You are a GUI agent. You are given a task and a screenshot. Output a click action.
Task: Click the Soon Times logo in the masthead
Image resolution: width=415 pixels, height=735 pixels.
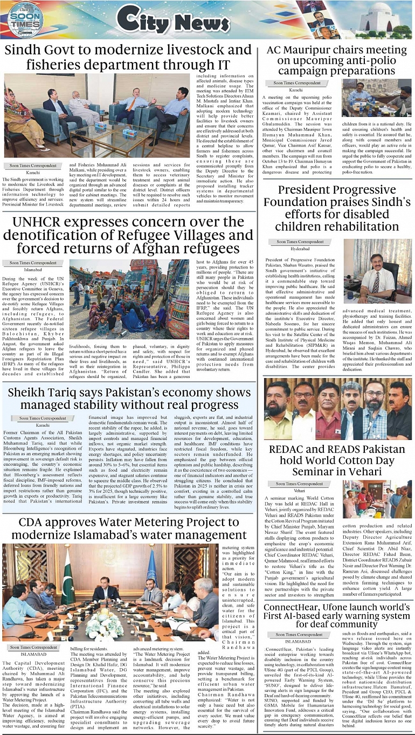[25, 19]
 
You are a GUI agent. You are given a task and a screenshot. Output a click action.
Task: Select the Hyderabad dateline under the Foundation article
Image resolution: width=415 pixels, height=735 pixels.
[300, 249]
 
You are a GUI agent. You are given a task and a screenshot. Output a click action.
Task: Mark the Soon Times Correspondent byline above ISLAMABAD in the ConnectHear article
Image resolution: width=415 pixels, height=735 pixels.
[298, 634]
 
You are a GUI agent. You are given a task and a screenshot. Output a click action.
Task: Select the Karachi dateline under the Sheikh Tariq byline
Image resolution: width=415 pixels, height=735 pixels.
[43, 425]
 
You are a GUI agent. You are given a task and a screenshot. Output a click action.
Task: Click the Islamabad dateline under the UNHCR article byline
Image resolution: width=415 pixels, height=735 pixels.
[33, 270]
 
